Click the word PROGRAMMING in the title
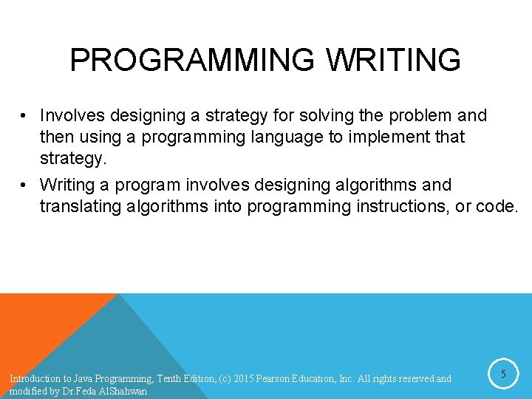(x=190, y=60)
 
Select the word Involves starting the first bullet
(x=72, y=115)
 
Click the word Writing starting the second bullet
(x=66, y=185)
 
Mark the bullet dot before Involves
(x=25, y=115)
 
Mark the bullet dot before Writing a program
(x=25, y=185)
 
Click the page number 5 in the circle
(x=503, y=375)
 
